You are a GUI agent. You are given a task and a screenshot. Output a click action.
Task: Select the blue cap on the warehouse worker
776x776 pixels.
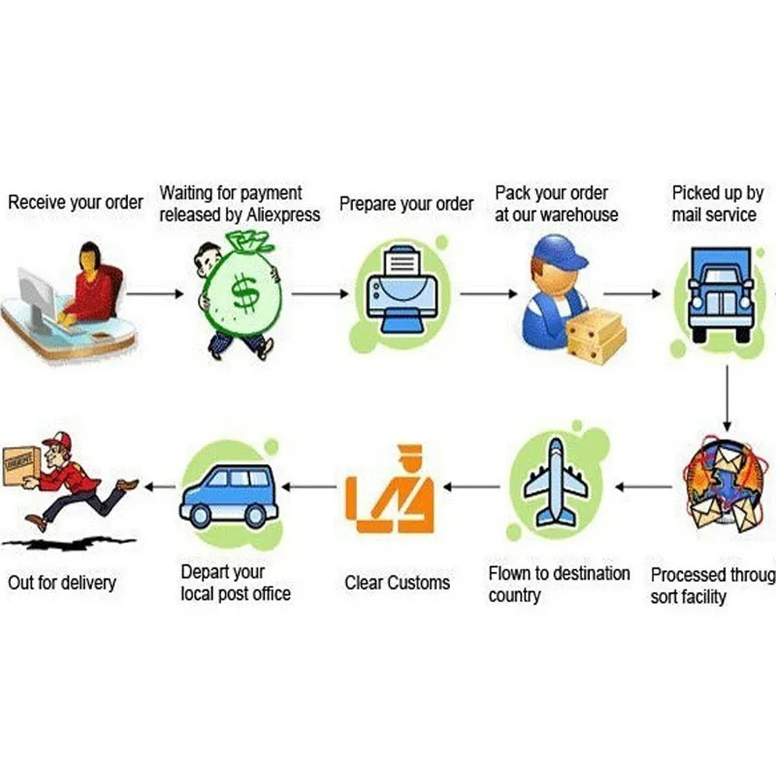[x=560, y=254]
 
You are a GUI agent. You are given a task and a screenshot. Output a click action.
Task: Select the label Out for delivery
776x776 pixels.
[x=61, y=582]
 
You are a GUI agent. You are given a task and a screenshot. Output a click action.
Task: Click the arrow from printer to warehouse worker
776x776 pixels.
[x=488, y=294]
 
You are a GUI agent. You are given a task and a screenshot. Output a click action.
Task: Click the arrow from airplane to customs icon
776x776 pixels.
[x=472, y=487]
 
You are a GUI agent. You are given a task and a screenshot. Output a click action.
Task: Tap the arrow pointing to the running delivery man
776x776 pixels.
[x=161, y=487]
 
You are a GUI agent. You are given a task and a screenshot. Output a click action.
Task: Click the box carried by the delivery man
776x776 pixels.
[x=21, y=466]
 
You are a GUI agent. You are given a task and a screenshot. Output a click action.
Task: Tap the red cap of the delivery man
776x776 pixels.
[x=58, y=442]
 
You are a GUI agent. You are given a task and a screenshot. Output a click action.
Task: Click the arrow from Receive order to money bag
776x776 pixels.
[x=155, y=294]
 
